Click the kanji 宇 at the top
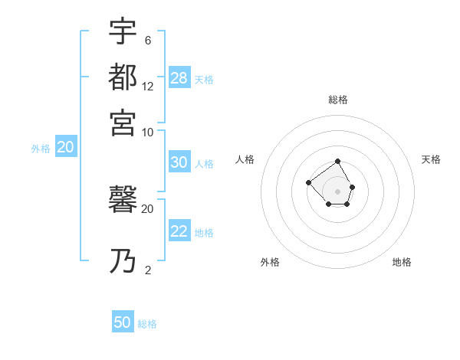coord(123,32)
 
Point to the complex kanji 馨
coord(123,200)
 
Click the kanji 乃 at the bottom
coord(123,262)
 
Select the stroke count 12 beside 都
coord(148,87)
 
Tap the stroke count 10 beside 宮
coord(148,132)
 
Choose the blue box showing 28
coord(179,77)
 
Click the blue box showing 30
coord(179,162)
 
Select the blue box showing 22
coord(179,232)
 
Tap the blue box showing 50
coord(123,322)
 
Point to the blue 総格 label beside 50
coord(147,324)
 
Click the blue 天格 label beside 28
coord(204,79)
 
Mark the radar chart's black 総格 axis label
coord(338,100)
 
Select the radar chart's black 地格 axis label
coord(402,262)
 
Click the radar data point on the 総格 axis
coord(338,162)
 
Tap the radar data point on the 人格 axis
coord(308,182)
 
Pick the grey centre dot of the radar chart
coord(338,191)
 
